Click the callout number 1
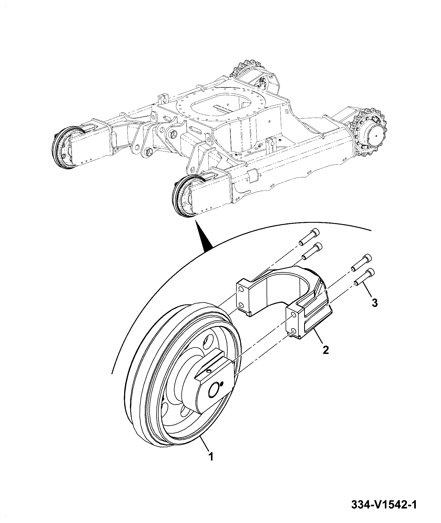click(211, 456)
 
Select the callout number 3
click(374, 303)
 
